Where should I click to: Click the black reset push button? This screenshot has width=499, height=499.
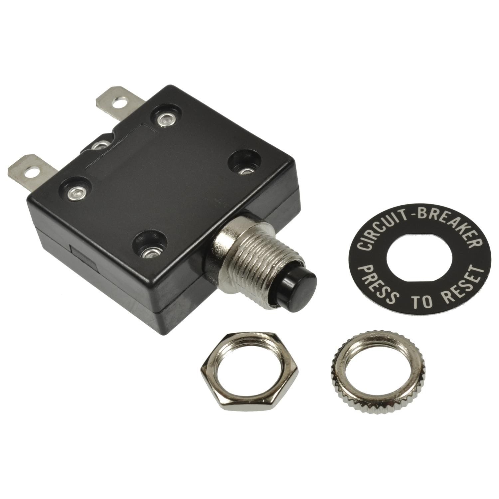(304, 283)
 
